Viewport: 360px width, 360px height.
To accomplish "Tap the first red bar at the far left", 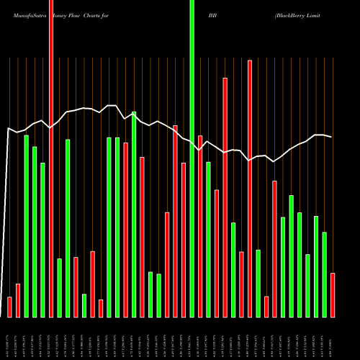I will click(x=9, y=307).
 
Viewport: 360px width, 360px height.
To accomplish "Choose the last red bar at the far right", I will click(x=333, y=295).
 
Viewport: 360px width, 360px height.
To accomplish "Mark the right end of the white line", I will click(x=331, y=137).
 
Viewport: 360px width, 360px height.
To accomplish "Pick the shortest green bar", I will click(x=84, y=305).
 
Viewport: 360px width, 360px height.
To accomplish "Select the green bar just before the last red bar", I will click(x=324, y=274).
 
